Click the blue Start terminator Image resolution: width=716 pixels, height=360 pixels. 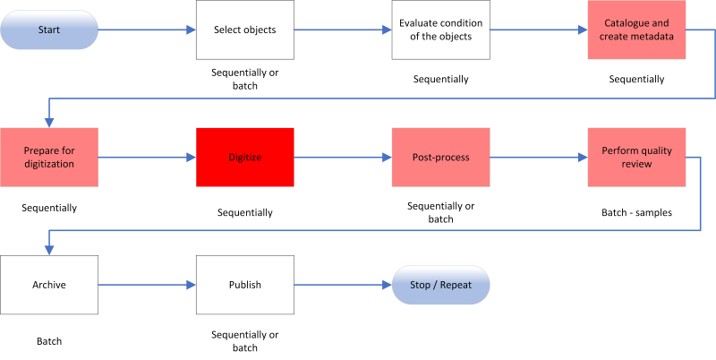[x=50, y=30]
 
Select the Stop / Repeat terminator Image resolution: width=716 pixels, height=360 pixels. [x=441, y=286]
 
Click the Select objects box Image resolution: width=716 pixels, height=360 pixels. [x=245, y=30]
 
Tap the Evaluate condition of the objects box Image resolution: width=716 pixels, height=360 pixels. [x=440, y=30]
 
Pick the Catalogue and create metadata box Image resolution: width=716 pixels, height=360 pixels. [x=636, y=30]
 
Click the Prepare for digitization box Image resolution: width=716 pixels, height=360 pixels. [x=49, y=158]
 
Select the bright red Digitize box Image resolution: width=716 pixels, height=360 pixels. [x=245, y=158]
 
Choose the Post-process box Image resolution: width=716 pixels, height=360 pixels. [x=440, y=158]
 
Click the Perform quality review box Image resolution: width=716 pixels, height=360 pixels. [x=636, y=158]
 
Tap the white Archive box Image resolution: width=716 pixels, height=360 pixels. [x=49, y=286]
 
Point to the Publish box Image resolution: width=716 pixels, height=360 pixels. [x=245, y=286]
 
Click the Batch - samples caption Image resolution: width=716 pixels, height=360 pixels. [x=636, y=213]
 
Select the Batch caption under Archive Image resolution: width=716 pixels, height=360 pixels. [x=49, y=341]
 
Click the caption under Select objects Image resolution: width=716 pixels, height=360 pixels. [x=245, y=79]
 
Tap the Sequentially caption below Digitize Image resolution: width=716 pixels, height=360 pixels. [x=245, y=213]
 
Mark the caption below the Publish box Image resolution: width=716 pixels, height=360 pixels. [x=245, y=341]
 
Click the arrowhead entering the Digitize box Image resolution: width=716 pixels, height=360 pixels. [x=191, y=158]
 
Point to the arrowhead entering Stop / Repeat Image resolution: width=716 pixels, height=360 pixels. [x=387, y=286]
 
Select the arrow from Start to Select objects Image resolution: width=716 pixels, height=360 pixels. [x=148, y=30]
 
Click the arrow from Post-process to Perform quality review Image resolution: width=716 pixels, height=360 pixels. [x=538, y=158]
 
